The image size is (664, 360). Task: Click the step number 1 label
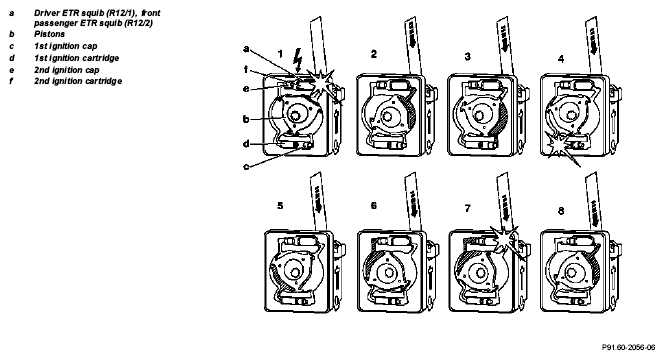(x=280, y=54)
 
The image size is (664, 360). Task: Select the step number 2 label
(x=374, y=54)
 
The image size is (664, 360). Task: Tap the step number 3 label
(x=468, y=56)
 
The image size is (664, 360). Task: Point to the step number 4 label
(x=561, y=59)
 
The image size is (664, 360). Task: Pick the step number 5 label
(x=280, y=205)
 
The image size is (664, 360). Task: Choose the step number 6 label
(x=374, y=205)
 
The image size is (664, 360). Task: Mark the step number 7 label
(x=468, y=208)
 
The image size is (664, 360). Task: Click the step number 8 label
(x=561, y=210)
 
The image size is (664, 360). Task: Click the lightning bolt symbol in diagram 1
(x=298, y=59)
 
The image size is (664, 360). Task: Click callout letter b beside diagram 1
(x=246, y=119)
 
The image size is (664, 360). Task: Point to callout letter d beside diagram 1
(x=246, y=144)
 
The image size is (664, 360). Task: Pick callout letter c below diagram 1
(x=246, y=166)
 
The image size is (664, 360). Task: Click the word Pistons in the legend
(x=50, y=34)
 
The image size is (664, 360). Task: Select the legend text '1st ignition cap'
(x=66, y=46)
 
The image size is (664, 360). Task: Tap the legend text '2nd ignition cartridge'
(x=78, y=81)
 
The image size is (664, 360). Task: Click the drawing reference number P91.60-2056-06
(x=628, y=347)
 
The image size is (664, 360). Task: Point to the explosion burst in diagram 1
(x=323, y=83)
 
